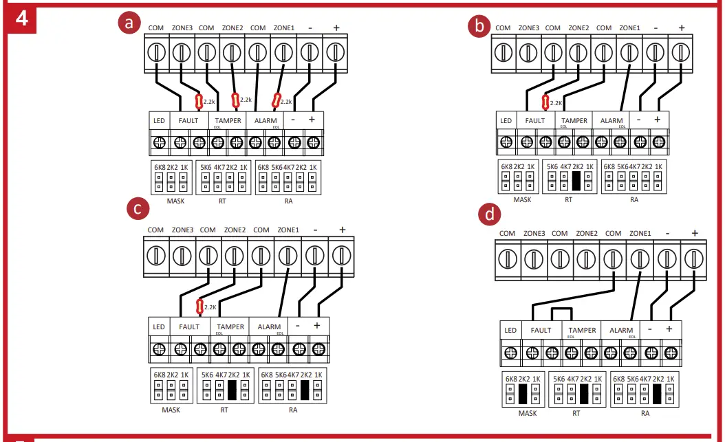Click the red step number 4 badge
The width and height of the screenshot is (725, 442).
click(x=21, y=18)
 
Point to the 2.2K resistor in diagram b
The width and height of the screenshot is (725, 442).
click(x=545, y=103)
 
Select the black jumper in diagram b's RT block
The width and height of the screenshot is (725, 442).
click(x=577, y=181)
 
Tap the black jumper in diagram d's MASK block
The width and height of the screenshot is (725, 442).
click(x=523, y=394)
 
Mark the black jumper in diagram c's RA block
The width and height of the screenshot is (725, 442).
click(x=305, y=390)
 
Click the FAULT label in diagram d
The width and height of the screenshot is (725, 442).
click(x=541, y=331)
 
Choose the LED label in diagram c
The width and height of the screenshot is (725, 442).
click(x=159, y=327)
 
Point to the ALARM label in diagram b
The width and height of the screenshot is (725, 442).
click(x=611, y=121)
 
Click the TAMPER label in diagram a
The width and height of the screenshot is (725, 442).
click(x=229, y=120)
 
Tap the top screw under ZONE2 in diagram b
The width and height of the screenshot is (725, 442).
click(x=578, y=52)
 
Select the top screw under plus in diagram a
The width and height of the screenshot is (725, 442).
click(x=334, y=52)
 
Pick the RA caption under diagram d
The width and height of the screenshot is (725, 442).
click(x=645, y=413)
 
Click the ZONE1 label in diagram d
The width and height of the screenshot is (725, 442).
click(x=640, y=234)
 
